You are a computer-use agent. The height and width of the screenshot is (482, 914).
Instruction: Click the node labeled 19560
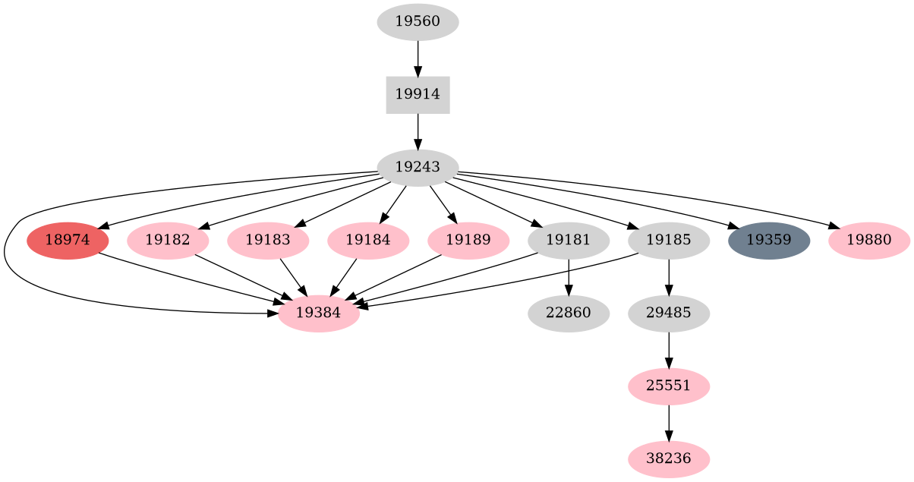[418, 22]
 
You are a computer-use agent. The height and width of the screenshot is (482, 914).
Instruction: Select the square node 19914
[418, 95]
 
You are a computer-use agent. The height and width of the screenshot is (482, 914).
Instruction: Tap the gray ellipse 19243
[418, 168]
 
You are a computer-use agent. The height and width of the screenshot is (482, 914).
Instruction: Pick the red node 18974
[68, 241]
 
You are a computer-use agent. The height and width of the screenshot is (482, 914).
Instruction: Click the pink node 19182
[168, 241]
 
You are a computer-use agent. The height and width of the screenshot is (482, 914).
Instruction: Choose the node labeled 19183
[268, 241]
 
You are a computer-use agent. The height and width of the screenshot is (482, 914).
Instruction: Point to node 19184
[368, 241]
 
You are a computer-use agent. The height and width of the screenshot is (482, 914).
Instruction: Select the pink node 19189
[468, 241]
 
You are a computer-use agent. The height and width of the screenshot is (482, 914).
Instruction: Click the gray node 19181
[569, 241]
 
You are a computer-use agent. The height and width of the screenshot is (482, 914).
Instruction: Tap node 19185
[669, 241]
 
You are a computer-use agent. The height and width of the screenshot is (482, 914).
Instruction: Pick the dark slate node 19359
[769, 241]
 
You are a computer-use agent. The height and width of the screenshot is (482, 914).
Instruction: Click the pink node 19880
[869, 241]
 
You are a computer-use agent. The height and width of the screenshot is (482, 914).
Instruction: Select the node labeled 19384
[318, 313]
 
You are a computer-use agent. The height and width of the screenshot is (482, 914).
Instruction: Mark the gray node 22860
[569, 313]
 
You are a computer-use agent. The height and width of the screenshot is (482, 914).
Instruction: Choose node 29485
[669, 313]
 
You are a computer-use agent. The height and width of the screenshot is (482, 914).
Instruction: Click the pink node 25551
[669, 386]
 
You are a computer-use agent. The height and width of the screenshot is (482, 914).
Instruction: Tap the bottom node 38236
[669, 459]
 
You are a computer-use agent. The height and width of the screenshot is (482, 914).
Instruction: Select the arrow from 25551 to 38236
[669, 423]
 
